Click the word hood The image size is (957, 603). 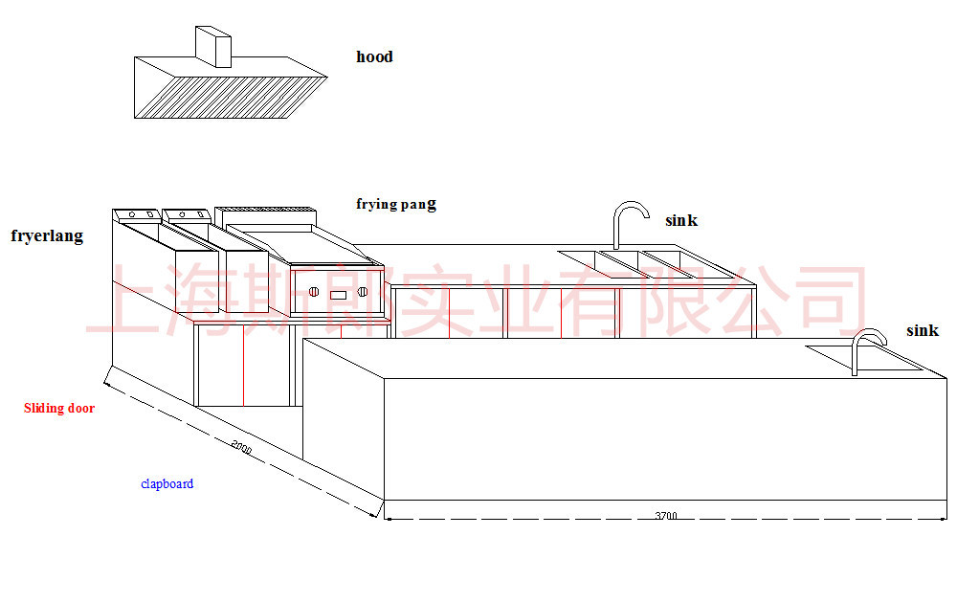[374, 56]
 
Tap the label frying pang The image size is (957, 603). [396, 204]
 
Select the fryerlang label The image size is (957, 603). [47, 236]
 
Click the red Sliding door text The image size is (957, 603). [59, 408]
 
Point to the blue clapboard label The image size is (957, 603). [167, 484]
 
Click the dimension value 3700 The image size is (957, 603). [666, 516]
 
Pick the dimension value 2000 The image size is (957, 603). [242, 447]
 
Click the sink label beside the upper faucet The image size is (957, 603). [681, 220]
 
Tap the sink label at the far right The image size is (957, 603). [923, 330]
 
